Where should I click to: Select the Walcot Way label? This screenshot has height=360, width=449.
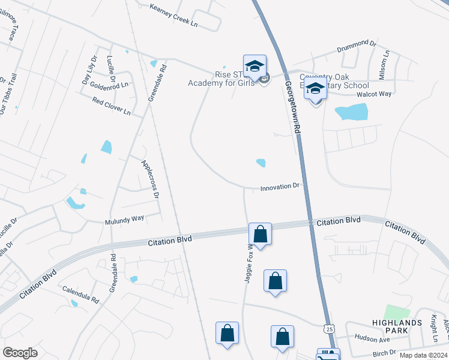(373, 94)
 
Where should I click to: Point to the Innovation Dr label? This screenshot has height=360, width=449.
(280, 187)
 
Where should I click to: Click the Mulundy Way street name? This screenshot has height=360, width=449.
(125, 220)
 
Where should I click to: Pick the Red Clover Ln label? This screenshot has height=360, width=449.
(112, 106)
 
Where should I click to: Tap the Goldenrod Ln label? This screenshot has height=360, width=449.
(109, 86)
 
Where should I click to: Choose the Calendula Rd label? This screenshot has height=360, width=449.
(80, 294)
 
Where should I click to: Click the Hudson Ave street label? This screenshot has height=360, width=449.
(372, 339)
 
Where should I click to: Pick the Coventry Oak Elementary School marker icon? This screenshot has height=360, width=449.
(315, 89)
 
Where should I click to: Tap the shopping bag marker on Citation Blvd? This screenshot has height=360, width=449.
(260, 233)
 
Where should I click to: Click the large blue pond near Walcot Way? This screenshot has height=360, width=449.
(351, 112)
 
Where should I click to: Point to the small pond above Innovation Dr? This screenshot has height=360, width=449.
(261, 163)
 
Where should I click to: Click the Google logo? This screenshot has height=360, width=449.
(20, 353)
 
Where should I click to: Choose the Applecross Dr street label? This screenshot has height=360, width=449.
(150, 179)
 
